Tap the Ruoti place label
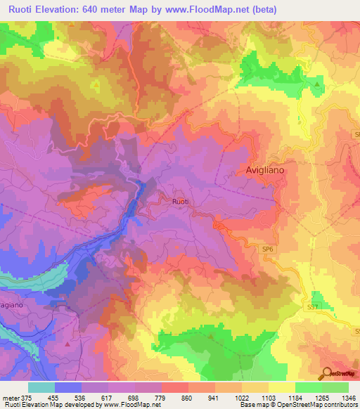[181, 202]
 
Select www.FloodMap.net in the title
[215, 10]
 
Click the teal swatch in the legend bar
[41, 387]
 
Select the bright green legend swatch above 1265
[308, 387]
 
